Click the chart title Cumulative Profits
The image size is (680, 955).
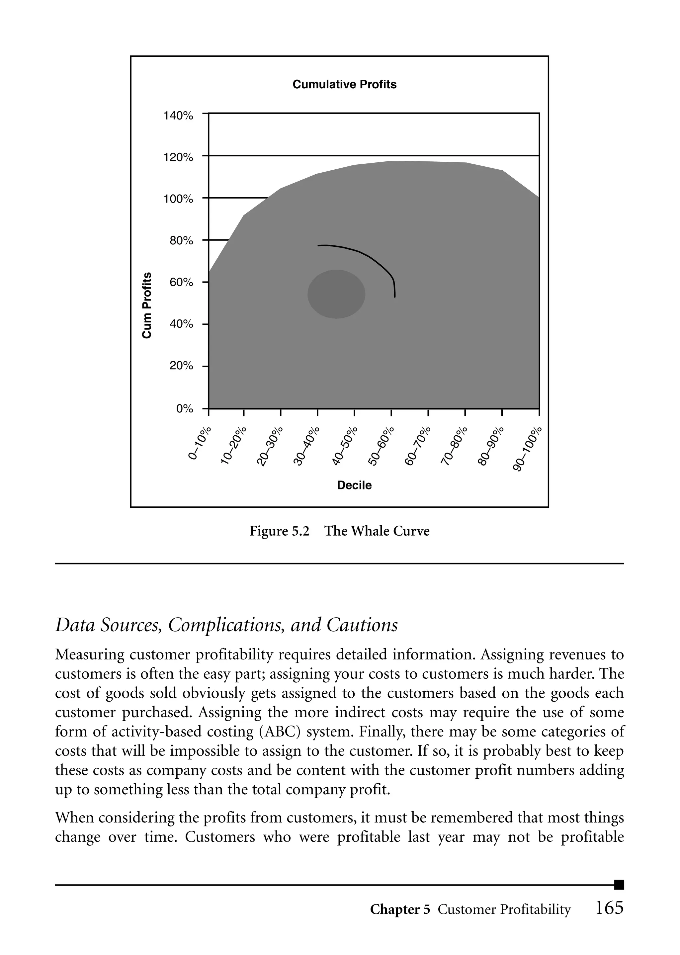click(x=344, y=85)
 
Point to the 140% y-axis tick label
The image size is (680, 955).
click(x=178, y=116)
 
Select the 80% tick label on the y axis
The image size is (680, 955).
click(x=181, y=241)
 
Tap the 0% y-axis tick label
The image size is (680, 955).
click(x=185, y=409)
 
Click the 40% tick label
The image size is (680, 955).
click(x=181, y=324)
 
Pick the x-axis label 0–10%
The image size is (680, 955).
click(x=200, y=444)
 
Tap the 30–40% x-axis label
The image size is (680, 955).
click(x=306, y=446)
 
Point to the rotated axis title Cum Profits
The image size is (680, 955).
click(x=146, y=305)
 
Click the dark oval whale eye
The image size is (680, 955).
click(x=336, y=294)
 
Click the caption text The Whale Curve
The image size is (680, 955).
click(x=377, y=531)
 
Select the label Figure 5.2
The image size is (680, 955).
click(x=279, y=531)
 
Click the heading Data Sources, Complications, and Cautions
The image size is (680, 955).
click(x=226, y=625)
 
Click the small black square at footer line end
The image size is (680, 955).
click(x=619, y=885)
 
